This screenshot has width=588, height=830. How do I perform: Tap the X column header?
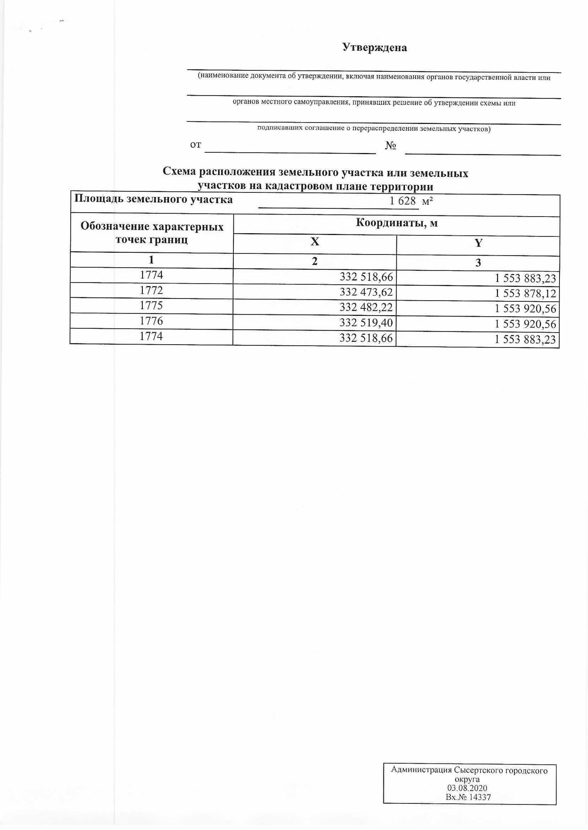point(315,242)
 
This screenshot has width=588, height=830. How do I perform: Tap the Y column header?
point(478,243)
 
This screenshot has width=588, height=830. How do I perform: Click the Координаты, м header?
point(397,223)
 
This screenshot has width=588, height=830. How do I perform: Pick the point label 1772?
point(151,290)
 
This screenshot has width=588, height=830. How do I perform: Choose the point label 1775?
point(151,306)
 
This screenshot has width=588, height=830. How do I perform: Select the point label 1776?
point(151,321)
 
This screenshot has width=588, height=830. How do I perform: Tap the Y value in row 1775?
point(525,309)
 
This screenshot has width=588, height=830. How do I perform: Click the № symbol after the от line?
point(390,146)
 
